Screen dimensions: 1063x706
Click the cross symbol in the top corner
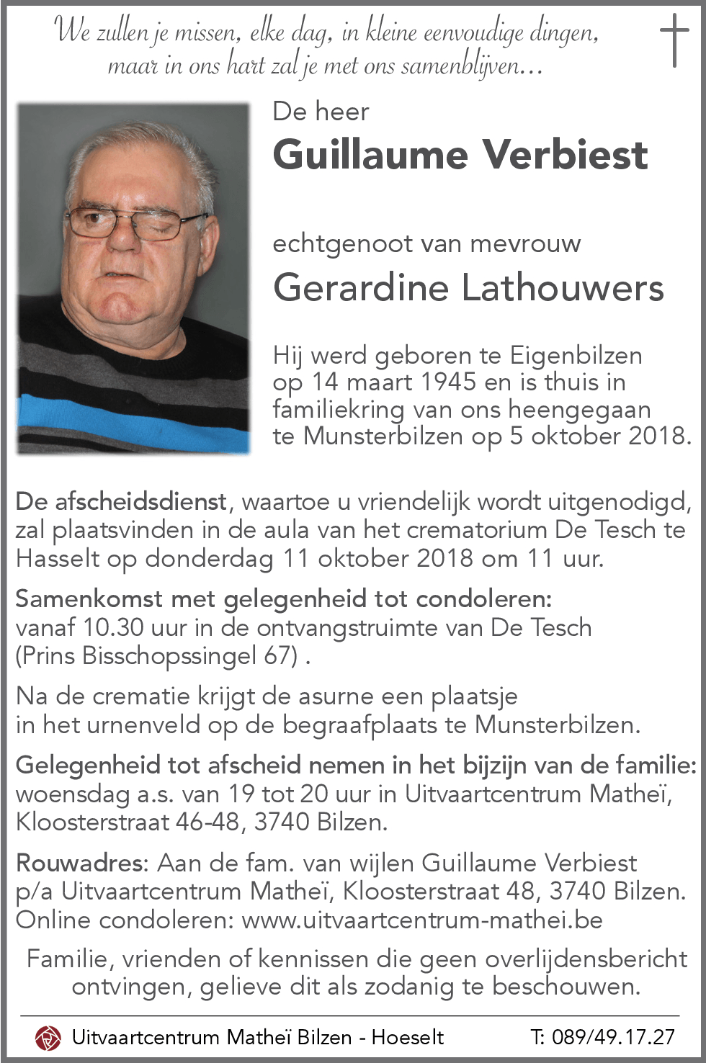[674, 40]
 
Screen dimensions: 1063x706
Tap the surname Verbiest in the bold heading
[565, 155]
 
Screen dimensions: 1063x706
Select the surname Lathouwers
[562, 288]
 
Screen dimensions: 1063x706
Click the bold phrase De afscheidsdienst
[121, 501]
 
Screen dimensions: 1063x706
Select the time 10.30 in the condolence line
[113, 627]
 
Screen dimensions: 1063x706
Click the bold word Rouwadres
[81, 863]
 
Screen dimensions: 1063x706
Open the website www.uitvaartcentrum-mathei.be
[422, 920]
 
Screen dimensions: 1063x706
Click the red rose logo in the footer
[48, 1037]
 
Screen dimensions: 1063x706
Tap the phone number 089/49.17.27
[613, 1037]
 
